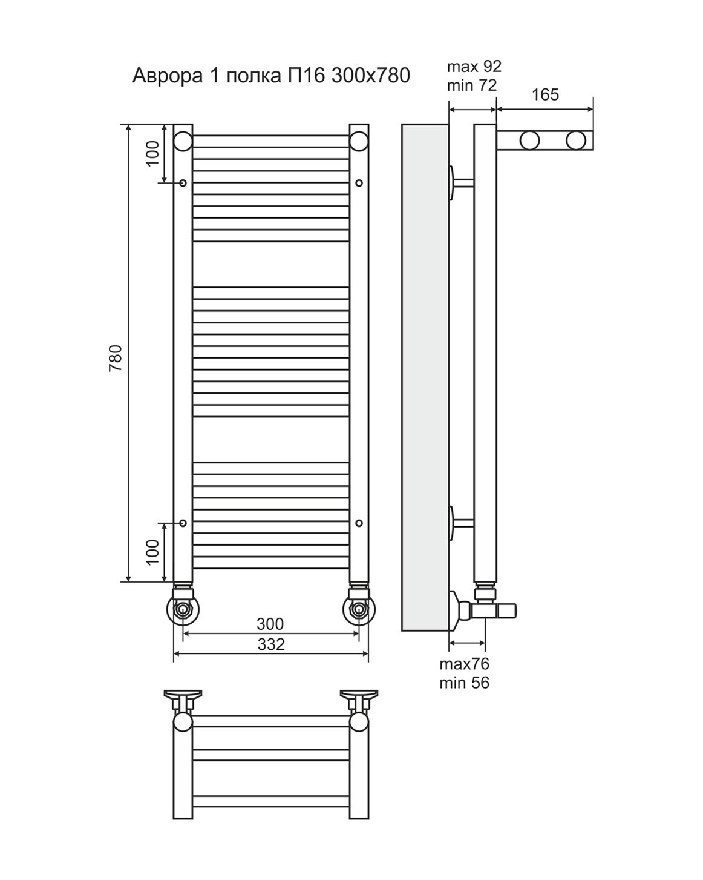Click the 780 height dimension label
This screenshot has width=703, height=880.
click(x=116, y=358)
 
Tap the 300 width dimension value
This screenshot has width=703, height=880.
click(x=270, y=624)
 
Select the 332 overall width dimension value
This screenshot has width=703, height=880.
click(x=271, y=644)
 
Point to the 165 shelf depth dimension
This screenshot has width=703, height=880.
click(x=545, y=95)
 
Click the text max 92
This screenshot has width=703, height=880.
click(x=474, y=66)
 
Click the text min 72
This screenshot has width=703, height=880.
click(x=472, y=85)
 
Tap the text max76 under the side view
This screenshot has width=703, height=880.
click(x=465, y=664)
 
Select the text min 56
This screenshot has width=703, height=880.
click(x=465, y=683)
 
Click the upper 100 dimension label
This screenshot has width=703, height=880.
click(x=152, y=153)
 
